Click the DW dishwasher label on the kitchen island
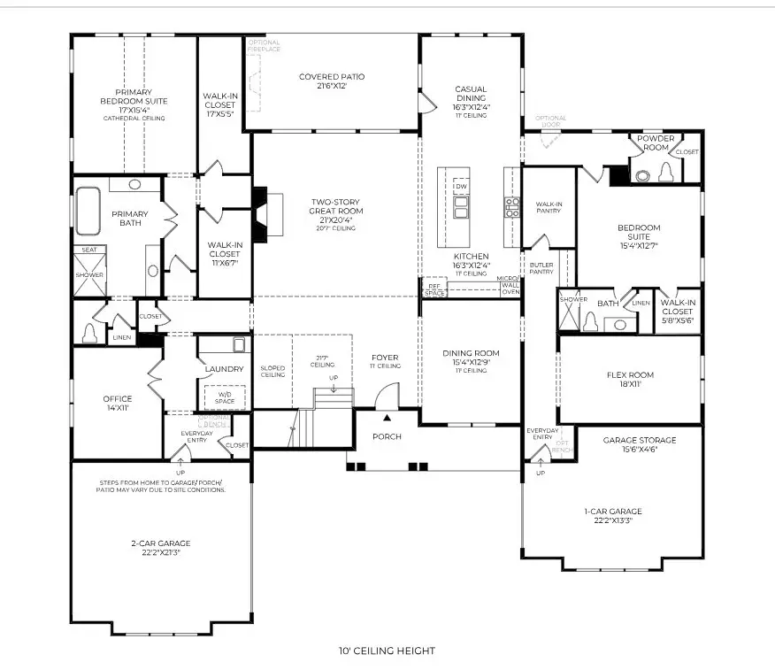click(461, 187)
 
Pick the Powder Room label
click(656, 142)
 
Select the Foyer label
click(385, 361)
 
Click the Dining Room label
click(471, 358)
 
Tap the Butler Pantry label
click(541, 267)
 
